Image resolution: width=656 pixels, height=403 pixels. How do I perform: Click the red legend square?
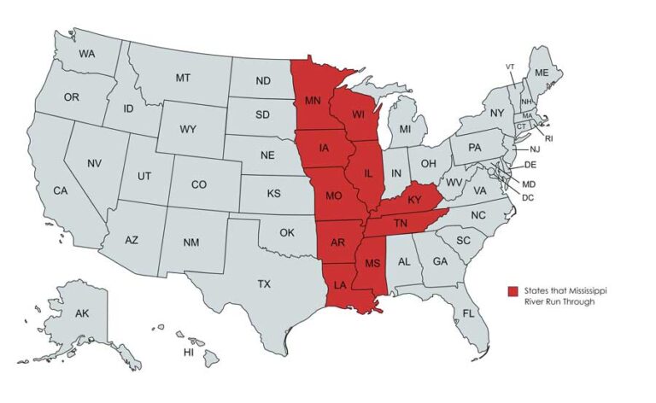512,291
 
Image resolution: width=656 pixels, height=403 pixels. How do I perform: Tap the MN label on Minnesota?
313,102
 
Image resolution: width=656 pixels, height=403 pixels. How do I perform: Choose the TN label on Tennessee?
401,224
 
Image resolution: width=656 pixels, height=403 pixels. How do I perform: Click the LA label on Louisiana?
339,284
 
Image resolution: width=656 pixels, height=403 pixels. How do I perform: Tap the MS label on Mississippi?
372,263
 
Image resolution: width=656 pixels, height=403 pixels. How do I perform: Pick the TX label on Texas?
264,283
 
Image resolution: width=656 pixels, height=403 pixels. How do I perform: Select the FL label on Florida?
468,313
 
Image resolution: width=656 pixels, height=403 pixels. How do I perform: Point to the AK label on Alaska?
82,314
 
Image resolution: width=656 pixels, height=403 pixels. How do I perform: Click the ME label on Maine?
542,73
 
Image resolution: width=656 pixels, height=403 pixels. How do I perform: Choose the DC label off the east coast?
528,197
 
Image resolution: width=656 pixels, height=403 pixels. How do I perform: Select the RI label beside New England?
549,137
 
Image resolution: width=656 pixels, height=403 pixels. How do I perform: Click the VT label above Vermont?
510,67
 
